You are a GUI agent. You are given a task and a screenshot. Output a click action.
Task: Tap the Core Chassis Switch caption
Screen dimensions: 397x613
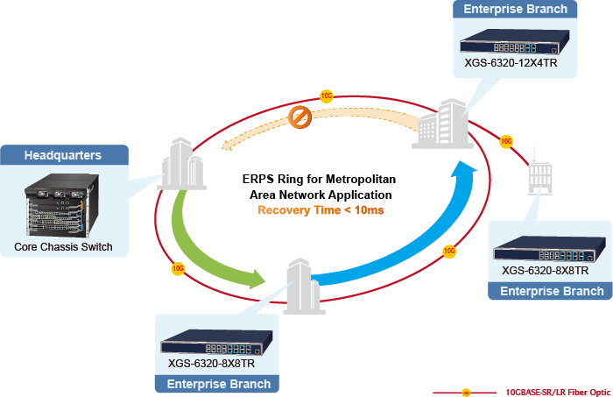coord(64,247)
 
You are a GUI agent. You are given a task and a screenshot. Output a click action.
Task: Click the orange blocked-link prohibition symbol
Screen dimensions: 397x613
coord(300,116)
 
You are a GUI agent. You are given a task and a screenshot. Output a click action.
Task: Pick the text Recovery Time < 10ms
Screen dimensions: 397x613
coord(321,210)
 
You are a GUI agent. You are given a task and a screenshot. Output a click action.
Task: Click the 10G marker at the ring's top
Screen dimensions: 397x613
coord(327,95)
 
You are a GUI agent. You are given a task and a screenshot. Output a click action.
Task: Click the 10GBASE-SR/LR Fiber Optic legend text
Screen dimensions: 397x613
coord(558,391)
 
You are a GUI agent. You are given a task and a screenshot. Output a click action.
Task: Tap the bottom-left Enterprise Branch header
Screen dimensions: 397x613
coord(218,384)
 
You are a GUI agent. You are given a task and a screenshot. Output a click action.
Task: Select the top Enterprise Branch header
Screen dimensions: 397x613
coord(514,10)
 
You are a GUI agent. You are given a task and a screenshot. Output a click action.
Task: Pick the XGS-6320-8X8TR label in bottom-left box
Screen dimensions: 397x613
coord(211,363)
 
